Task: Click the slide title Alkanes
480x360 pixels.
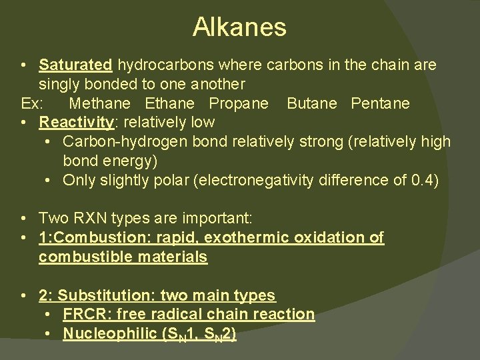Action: pyautogui.click(x=239, y=27)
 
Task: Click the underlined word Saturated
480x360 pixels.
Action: pyautogui.click(x=75, y=65)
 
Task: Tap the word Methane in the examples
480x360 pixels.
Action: pyautogui.click(x=100, y=104)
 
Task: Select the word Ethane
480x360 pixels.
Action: pyautogui.click(x=169, y=104)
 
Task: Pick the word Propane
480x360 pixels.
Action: pyautogui.click(x=239, y=104)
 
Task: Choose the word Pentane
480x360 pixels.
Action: pyautogui.click(x=381, y=104)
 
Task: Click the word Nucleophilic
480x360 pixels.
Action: pyautogui.click(x=109, y=333)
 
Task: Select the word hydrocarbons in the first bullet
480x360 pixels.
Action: pyautogui.click(x=157, y=65)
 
